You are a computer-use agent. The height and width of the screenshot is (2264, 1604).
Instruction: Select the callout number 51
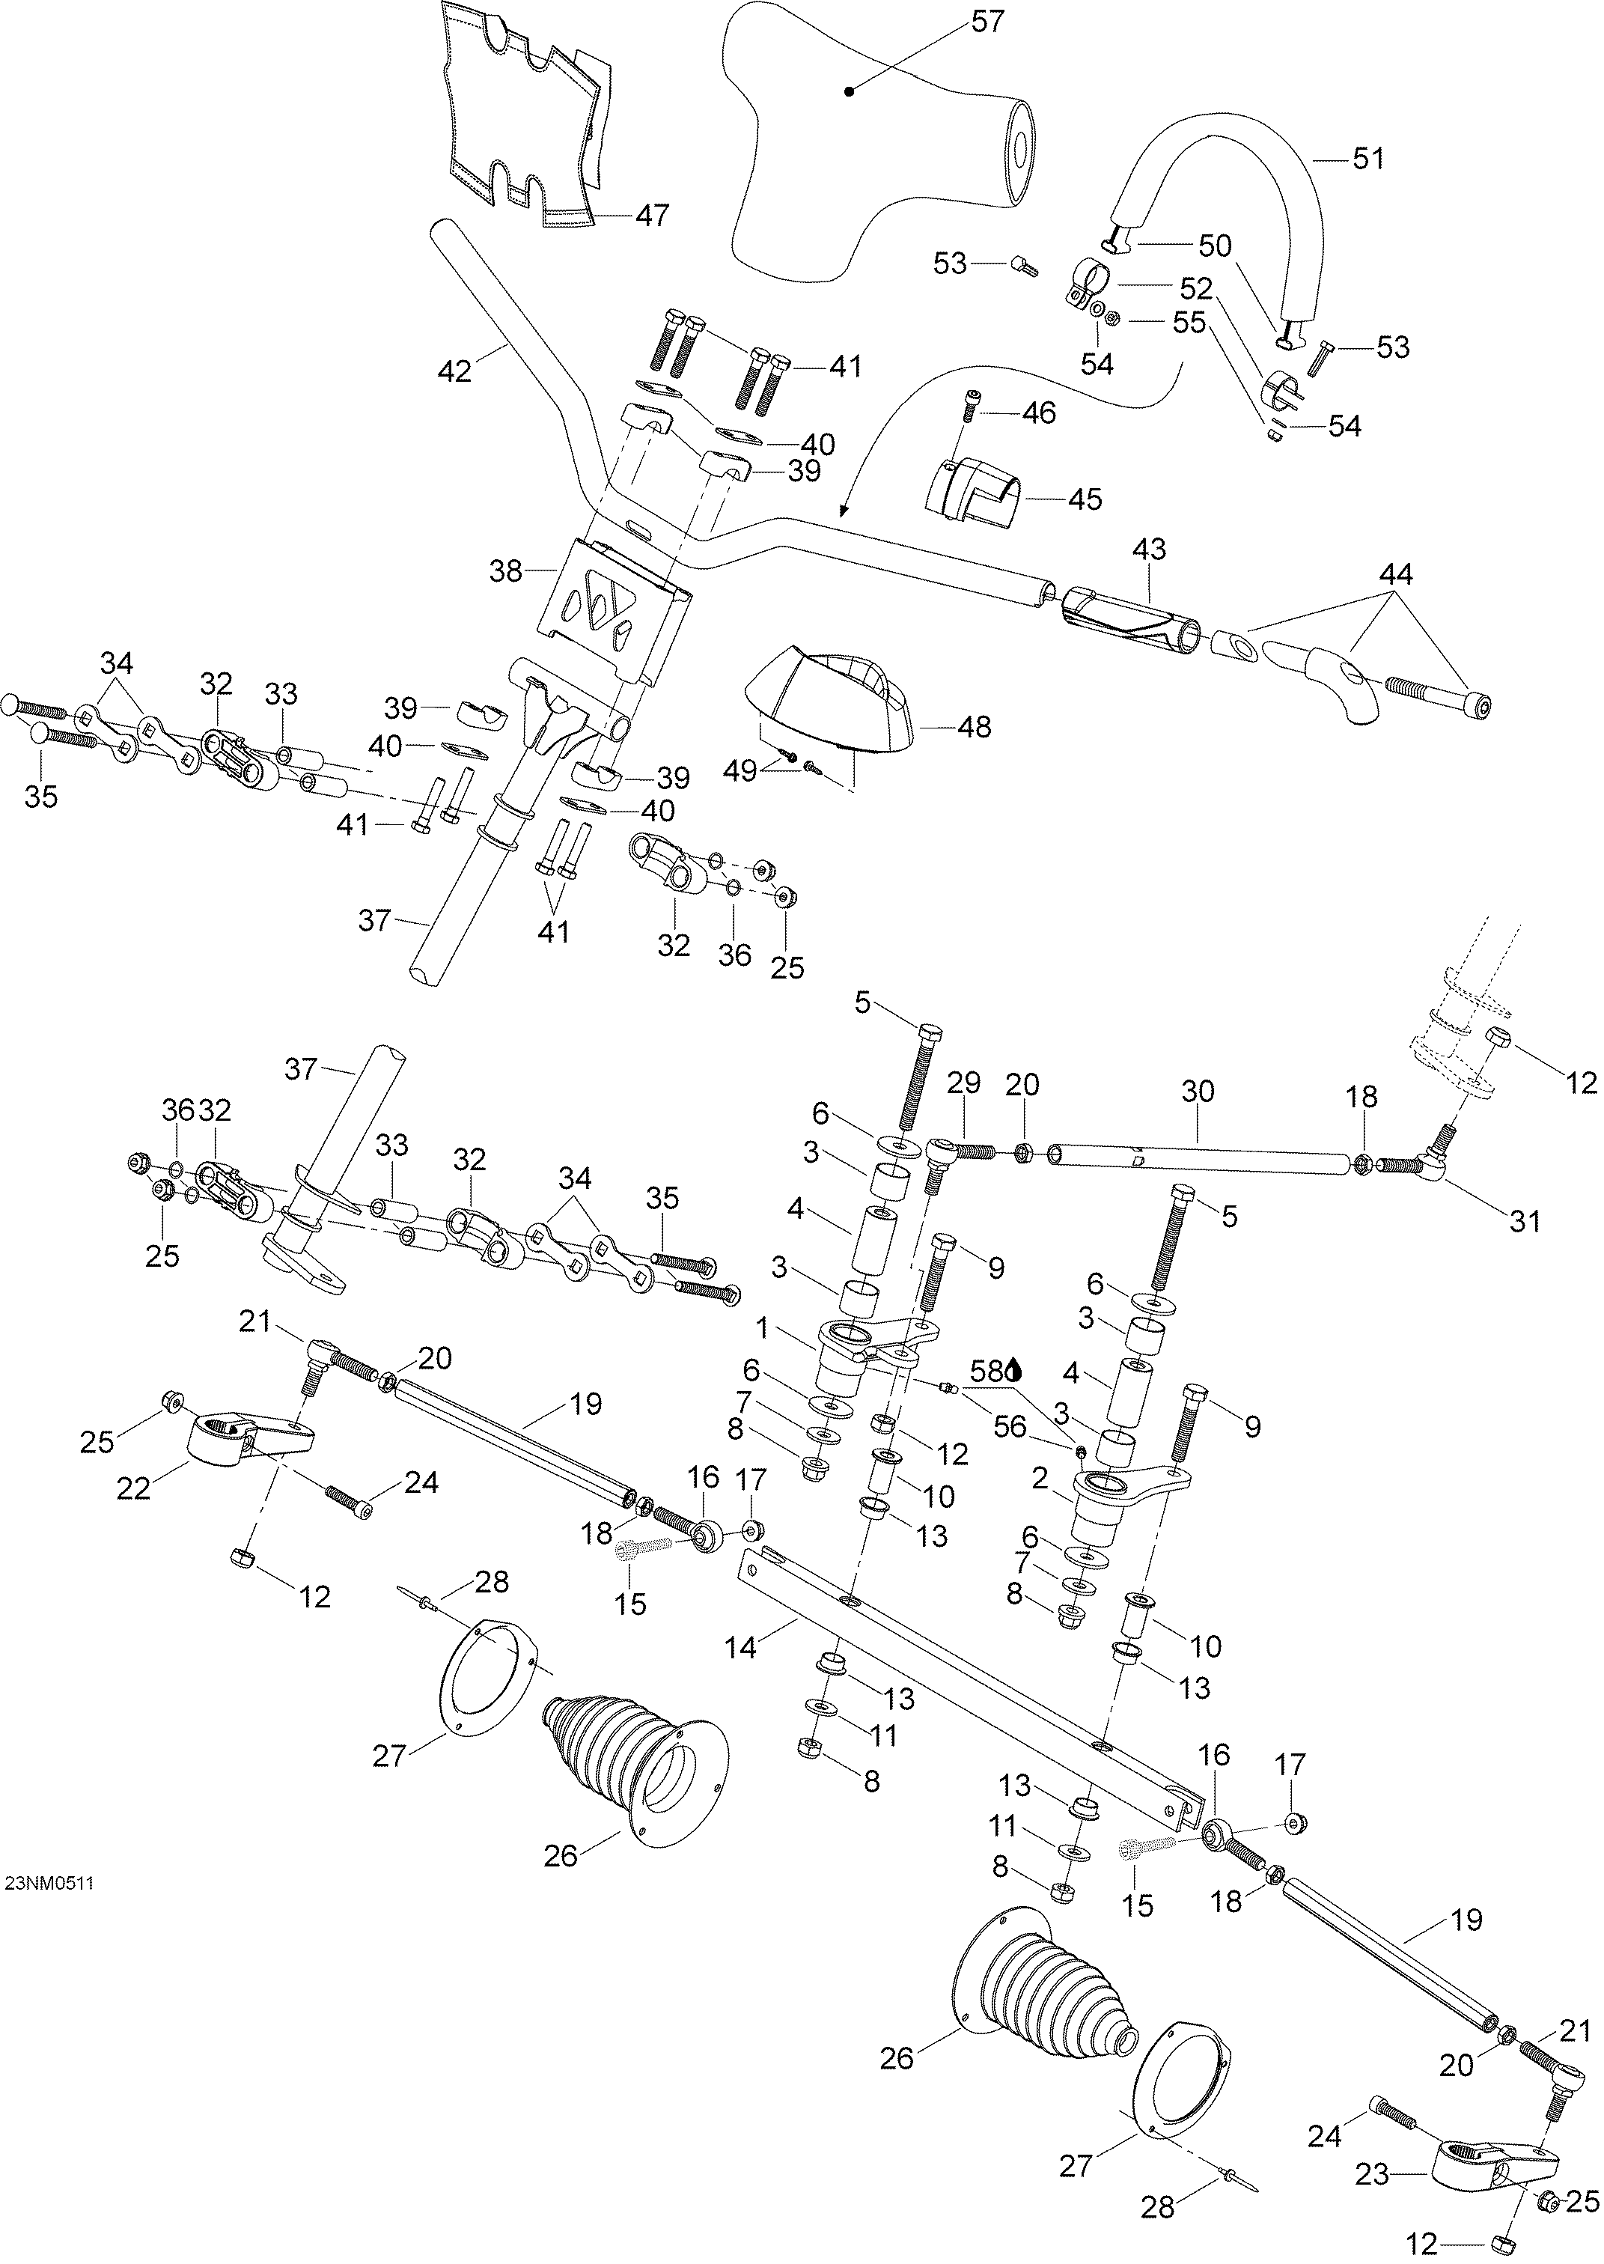tap(1368, 158)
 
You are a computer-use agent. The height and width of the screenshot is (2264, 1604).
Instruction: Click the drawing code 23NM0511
tap(49, 1884)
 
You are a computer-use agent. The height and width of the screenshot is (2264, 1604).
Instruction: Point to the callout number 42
tap(454, 372)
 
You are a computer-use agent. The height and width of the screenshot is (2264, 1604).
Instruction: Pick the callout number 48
tap(974, 727)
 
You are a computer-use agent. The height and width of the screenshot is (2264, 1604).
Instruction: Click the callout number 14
tap(741, 1648)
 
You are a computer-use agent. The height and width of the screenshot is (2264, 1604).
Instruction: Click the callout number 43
tap(1149, 550)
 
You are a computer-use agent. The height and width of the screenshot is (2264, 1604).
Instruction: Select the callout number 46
tap(1038, 412)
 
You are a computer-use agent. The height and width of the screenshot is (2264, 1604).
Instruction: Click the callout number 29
tap(964, 1083)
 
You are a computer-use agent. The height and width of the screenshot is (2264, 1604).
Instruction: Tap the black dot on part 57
tap(849, 92)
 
